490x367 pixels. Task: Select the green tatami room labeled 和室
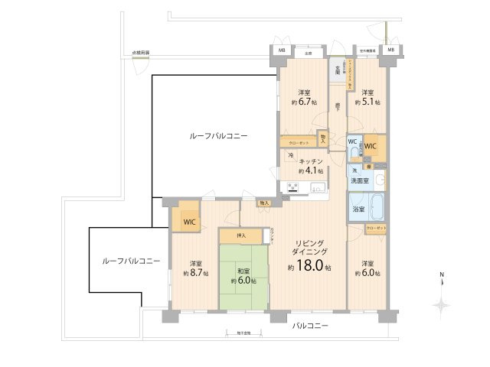point(243,276)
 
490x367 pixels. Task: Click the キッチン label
point(310,162)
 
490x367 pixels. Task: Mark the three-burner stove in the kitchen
point(293,187)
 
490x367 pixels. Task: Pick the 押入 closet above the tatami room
point(242,235)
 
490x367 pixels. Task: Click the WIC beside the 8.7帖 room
point(188,222)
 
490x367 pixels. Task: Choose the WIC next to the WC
point(371,145)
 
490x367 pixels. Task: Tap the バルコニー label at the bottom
point(310,325)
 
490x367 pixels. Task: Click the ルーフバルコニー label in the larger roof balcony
point(218,135)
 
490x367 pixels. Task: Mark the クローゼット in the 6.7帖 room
point(298,142)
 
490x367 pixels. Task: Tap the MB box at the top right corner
point(390,50)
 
